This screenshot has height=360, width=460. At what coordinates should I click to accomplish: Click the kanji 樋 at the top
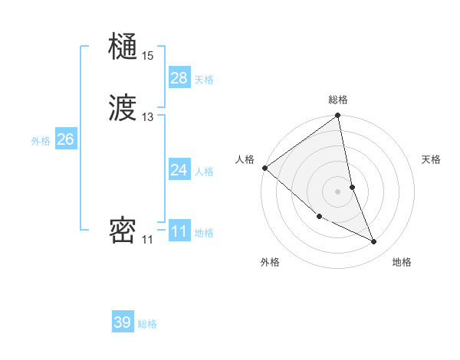click(123, 47)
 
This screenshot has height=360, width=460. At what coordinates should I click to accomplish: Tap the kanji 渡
click(123, 109)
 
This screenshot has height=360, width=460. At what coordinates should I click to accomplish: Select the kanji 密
click(123, 231)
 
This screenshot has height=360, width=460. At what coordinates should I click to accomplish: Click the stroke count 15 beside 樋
click(147, 56)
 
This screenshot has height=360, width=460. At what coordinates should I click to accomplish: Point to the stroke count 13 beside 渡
click(147, 117)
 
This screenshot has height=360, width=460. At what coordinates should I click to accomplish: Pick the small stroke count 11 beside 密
click(147, 240)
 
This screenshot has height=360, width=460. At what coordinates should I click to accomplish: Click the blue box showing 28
click(179, 78)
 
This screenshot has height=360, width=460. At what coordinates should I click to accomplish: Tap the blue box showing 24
click(179, 170)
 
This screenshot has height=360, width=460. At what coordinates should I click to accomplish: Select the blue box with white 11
click(179, 231)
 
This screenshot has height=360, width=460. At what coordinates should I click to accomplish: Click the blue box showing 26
click(65, 139)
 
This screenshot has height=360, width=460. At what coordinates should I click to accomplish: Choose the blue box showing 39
click(123, 322)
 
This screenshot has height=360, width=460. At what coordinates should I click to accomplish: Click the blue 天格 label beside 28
click(204, 80)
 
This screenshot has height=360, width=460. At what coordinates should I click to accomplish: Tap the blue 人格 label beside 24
click(204, 172)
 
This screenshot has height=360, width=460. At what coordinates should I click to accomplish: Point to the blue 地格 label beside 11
click(204, 233)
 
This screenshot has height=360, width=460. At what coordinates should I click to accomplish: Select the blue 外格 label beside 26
click(41, 141)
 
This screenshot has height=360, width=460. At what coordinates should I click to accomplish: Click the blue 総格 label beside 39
click(147, 324)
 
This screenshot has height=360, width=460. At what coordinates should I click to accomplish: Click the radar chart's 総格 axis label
click(338, 100)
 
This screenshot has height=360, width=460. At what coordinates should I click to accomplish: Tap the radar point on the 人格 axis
click(264, 168)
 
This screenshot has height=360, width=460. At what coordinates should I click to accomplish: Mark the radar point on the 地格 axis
click(374, 242)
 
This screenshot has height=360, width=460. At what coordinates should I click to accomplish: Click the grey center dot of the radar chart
click(338, 191)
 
